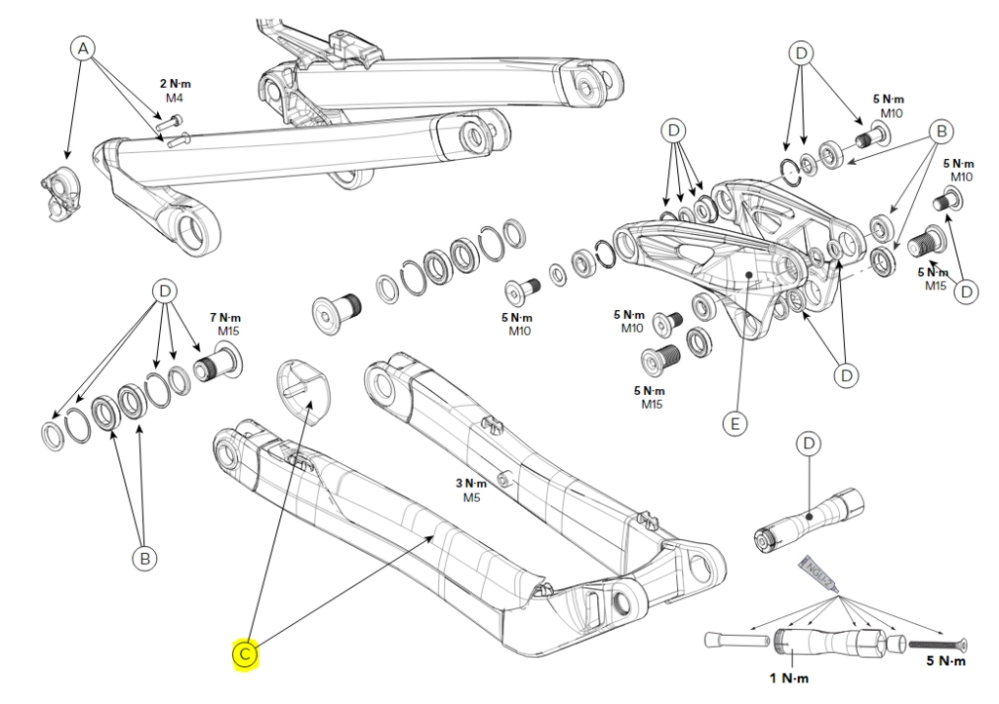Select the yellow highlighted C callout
(245, 654)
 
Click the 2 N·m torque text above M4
(176, 84)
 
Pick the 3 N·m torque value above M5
(471, 484)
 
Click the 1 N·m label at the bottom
(789, 678)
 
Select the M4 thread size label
(175, 98)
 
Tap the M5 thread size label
(472, 497)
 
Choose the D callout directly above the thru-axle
(809, 445)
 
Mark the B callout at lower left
(144, 558)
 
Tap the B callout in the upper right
(940, 130)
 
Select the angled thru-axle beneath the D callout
(806, 523)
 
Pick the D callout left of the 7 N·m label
(164, 291)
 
